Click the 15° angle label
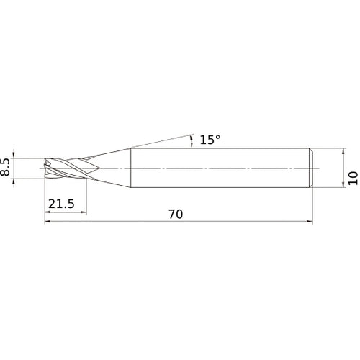pos(210,140)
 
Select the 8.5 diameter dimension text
pos(5,167)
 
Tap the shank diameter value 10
pos(354,178)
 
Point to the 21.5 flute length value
pos(61,204)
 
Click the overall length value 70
pos(176,215)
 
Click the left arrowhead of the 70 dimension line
pos(48,221)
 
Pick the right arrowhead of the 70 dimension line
pos(310,221)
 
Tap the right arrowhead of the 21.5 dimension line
pos(84,212)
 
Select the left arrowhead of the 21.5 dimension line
pos(48,212)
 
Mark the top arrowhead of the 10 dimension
pos(343,151)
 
